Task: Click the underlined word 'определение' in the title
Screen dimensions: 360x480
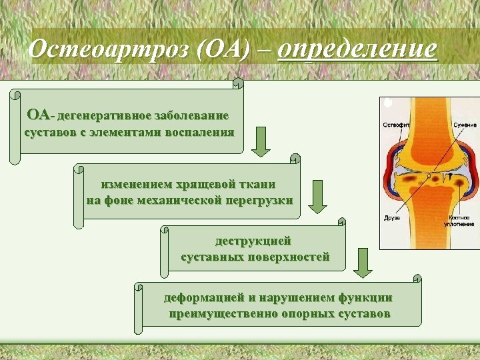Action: [x=357, y=49]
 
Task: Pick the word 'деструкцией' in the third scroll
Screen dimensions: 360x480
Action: [x=253, y=241]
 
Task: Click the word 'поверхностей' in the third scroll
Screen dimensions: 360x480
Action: [x=288, y=257]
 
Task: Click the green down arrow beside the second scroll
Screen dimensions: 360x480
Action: [x=318, y=197]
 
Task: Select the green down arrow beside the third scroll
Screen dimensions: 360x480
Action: [x=362, y=263]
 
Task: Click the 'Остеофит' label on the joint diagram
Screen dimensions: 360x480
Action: [x=395, y=125]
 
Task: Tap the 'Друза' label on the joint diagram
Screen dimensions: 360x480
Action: [x=392, y=218]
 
